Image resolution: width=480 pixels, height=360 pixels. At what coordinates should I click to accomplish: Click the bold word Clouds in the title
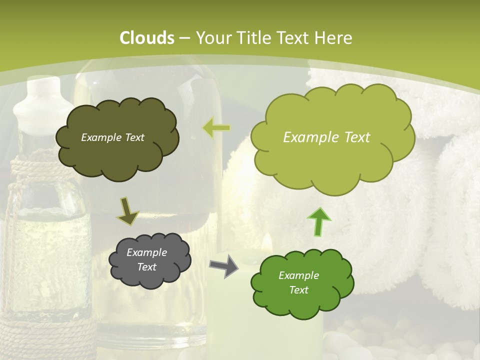tap(147, 38)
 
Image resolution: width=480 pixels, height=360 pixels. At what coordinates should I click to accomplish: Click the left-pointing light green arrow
tap(216, 128)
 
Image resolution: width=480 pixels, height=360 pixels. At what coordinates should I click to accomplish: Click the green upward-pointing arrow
tap(319, 221)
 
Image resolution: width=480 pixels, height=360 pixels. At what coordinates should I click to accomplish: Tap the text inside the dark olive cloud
tap(112, 137)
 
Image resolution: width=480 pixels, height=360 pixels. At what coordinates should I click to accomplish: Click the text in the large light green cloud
tap(326, 137)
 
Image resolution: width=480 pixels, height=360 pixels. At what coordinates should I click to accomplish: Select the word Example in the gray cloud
tap(146, 252)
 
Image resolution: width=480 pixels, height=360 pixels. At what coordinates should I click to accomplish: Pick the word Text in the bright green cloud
tap(298, 290)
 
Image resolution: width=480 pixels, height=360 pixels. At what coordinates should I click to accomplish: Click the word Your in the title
tap(210, 38)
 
